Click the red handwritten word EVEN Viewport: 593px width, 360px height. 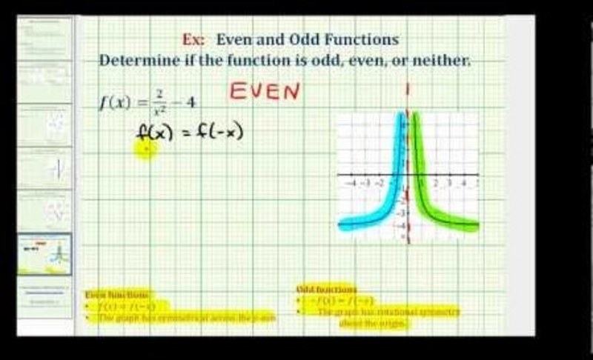[265, 92]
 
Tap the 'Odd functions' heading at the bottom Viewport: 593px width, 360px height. [326, 290]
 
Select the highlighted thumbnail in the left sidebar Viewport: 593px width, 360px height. [45, 254]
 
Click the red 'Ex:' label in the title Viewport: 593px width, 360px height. [192, 40]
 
